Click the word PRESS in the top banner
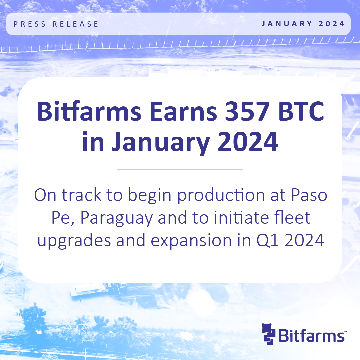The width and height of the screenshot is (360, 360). pyautogui.click(x=30, y=24)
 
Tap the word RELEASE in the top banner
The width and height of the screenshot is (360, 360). pyautogui.click(x=76, y=24)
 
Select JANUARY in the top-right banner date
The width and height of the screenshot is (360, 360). pyautogui.click(x=287, y=24)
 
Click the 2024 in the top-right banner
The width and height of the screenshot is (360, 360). pyautogui.click(x=332, y=24)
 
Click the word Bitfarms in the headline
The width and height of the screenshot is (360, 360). pyautogui.click(x=89, y=111)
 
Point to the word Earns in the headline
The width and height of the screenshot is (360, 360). pyautogui.click(x=183, y=112)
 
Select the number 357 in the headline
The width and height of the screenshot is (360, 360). pyautogui.click(x=247, y=112)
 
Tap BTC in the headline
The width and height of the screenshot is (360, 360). pyautogui.click(x=301, y=112)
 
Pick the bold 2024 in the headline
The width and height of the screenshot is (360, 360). pyautogui.click(x=247, y=142)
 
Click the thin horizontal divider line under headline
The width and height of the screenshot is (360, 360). pyautogui.click(x=180, y=169)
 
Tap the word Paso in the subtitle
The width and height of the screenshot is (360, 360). pyautogui.click(x=309, y=195)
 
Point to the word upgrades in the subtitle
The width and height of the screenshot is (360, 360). pyautogui.click(x=74, y=241)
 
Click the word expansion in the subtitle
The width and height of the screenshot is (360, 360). pyautogui.click(x=191, y=241)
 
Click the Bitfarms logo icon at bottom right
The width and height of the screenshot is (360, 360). pyautogui.click(x=268, y=334)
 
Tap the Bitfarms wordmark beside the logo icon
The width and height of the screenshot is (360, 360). pyautogui.click(x=312, y=335)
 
